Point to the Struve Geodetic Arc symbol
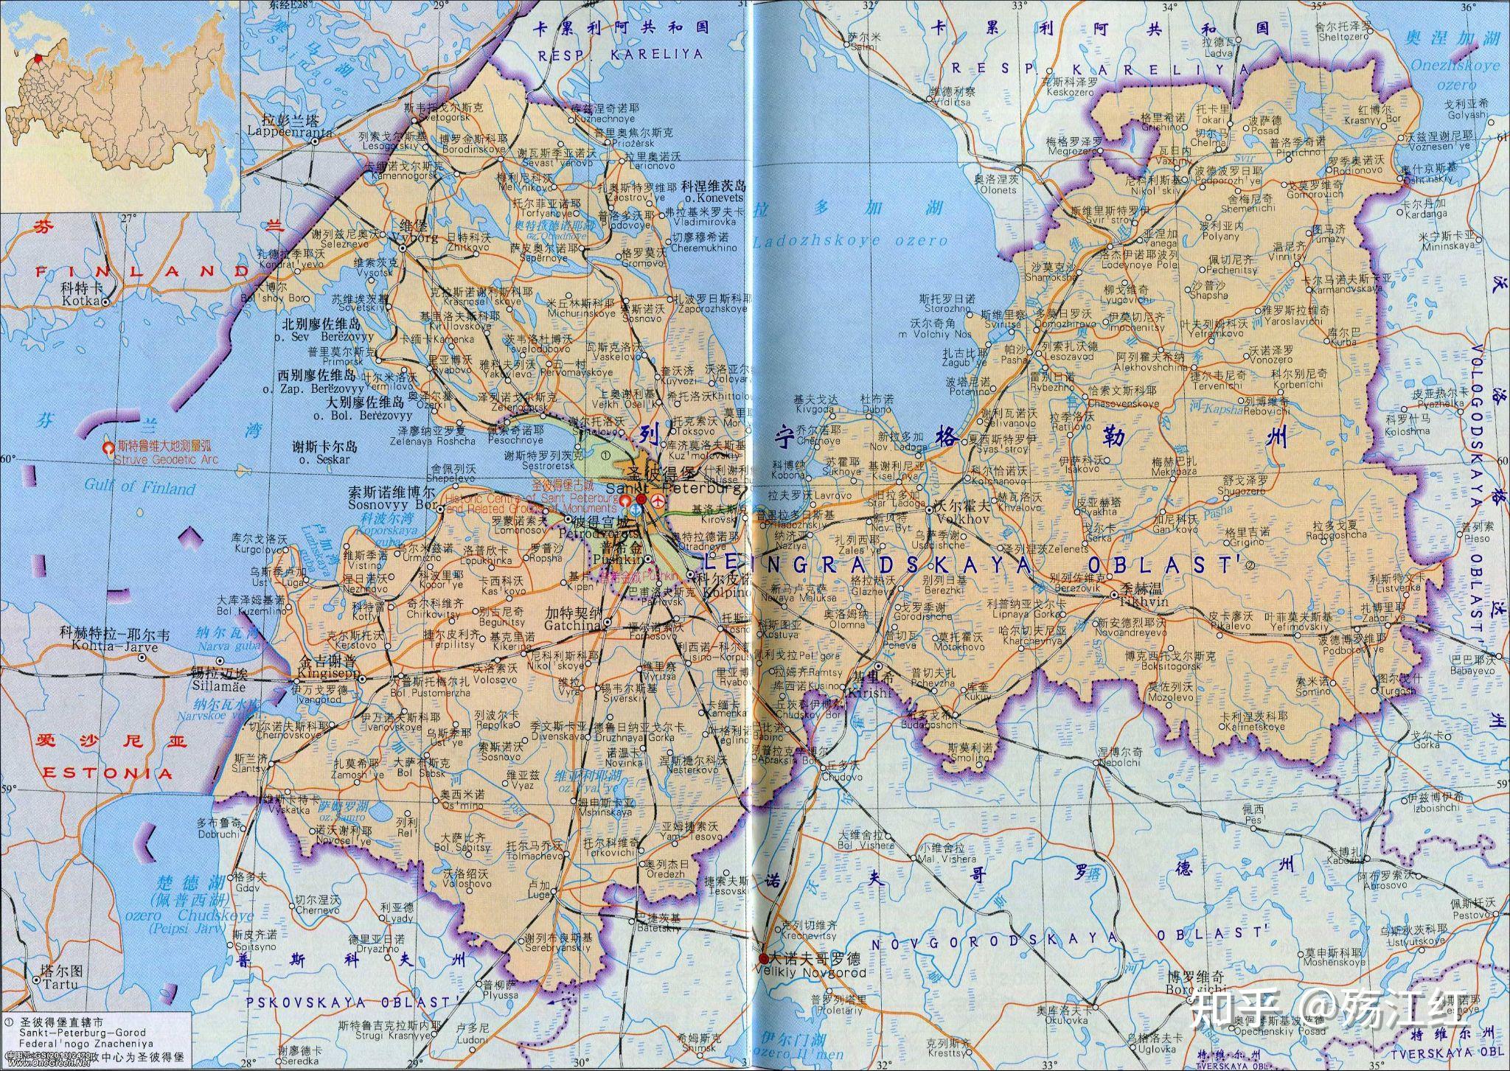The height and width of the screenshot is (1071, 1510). pyautogui.click(x=108, y=447)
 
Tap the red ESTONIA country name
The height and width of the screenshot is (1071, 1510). pyautogui.click(x=108, y=774)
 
